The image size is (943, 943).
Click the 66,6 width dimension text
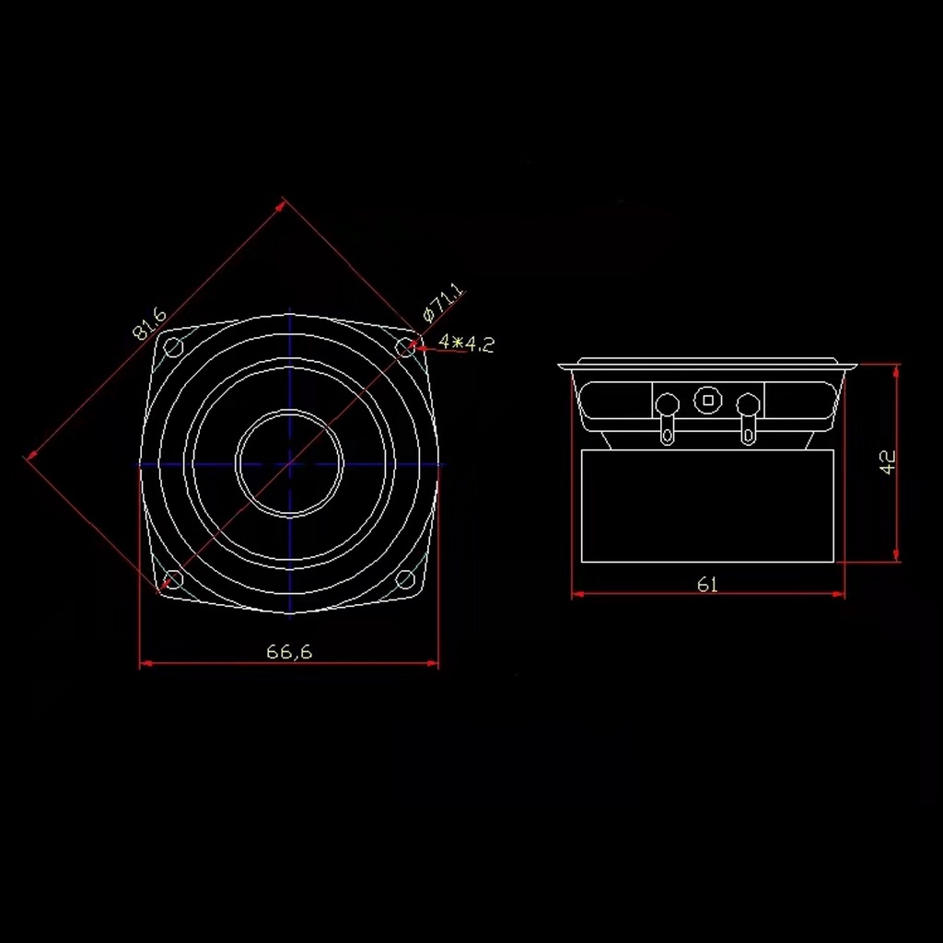coord(289,651)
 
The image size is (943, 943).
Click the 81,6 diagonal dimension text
coord(149,324)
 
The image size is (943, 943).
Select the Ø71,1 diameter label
coord(444,305)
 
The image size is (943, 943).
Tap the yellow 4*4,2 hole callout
coord(467,343)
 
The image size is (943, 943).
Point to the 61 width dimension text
coord(707,584)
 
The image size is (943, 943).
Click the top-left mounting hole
coord(173,347)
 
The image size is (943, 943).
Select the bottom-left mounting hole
coord(173,579)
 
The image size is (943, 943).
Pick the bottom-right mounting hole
coord(405,579)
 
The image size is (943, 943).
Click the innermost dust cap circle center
coord(289,463)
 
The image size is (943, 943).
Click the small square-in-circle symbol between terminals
coord(707,400)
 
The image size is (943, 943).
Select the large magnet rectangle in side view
coord(707,506)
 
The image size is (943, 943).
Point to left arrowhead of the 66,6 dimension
coord(145,662)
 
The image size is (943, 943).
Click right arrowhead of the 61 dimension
coord(840,595)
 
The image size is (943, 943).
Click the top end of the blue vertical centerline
coord(289,310)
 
